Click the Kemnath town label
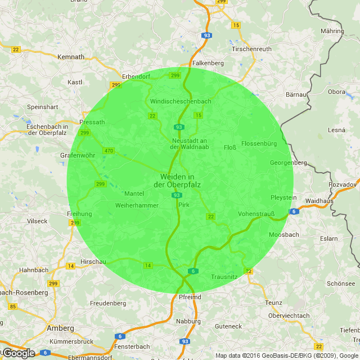click(x=71, y=57)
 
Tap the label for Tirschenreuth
click(x=251, y=49)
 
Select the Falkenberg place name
click(x=208, y=64)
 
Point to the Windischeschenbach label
click(x=181, y=101)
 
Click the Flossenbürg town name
click(x=259, y=143)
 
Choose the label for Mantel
click(x=134, y=193)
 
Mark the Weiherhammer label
click(x=137, y=206)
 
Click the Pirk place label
click(x=184, y=205)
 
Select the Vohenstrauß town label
click(x=256, y=214)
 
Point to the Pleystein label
click(x=283, y=198)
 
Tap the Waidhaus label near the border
click(x=319, y=201)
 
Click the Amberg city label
click(x=60, y=328)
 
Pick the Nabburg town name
click(x=188, y=321)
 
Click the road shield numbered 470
click(x=109, y=151)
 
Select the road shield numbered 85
click(x=12, y=307)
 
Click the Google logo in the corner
click(x=19, y=353)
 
